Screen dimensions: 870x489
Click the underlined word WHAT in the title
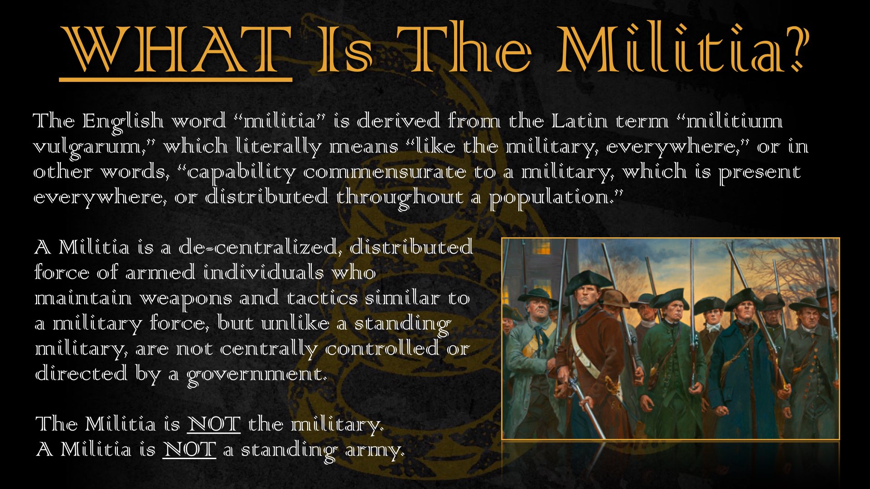176,50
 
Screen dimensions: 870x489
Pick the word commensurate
385,173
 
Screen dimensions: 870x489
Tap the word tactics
322,298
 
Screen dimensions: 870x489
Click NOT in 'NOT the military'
214,424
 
